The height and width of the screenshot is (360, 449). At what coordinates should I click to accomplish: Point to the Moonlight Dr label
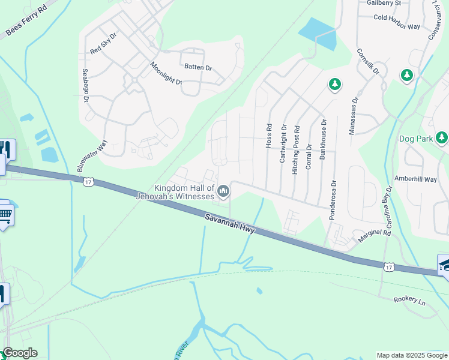(x=166, y=73)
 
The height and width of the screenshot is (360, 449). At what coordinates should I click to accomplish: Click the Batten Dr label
(x=197, y=68)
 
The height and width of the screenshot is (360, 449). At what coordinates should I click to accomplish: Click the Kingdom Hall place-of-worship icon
(x=223, y=191)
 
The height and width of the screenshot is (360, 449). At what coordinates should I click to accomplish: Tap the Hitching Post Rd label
(x=296, y=154)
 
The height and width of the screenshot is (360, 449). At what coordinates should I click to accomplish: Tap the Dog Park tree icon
(x=442, y=139)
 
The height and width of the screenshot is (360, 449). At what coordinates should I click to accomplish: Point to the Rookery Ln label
(x=409, y=299)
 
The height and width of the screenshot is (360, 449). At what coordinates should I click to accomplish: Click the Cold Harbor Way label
(x=397, y=17)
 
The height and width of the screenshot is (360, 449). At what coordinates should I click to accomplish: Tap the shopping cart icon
(x=4, y=213)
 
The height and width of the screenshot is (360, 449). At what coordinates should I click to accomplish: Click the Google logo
(x=19, y=353)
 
